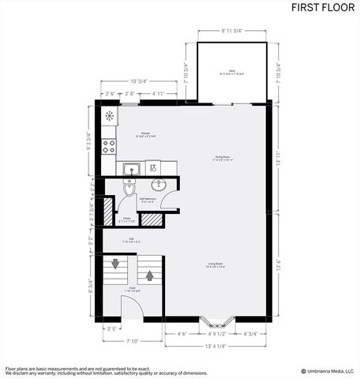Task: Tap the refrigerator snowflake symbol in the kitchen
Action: pos(108,117)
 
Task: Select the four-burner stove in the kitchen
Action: pos(108,146)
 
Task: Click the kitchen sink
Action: pos(131,167)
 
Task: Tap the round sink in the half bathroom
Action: pos(158,185)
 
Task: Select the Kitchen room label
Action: pos(145,135)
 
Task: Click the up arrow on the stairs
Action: pos(148,275)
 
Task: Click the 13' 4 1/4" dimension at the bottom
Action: pos(216,346)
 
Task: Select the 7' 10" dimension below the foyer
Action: pos(133,341)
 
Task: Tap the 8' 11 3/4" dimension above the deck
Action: pos(231,30)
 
